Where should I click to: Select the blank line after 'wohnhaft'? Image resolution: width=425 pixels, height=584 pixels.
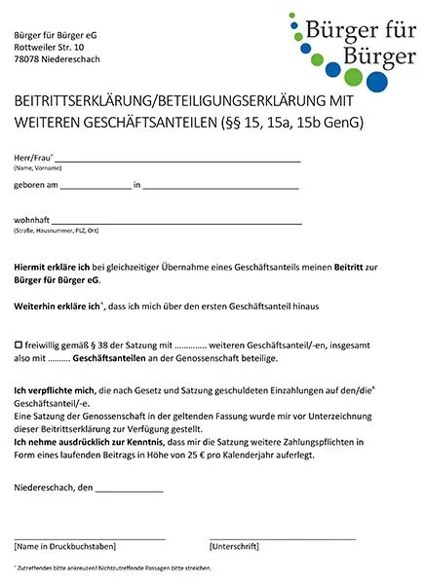[x=175, y=221]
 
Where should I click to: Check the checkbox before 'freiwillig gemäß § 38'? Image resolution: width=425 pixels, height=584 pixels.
[x=18, y=346]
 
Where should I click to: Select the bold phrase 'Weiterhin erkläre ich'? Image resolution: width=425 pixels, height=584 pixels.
[x=58, y=307]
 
